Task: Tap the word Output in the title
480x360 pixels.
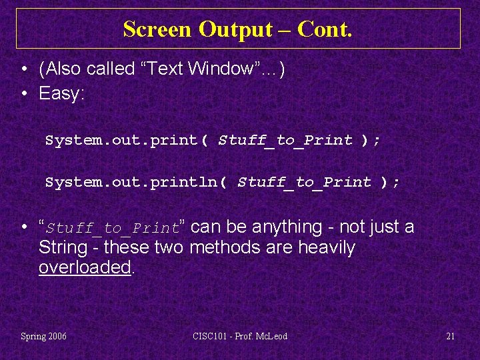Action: click(235, 29)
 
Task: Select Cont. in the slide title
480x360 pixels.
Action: click(325, 29)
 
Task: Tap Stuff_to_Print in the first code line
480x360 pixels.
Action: click(285, 141)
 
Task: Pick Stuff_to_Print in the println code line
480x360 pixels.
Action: click(304, 183)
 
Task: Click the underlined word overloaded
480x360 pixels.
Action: click(85, 268)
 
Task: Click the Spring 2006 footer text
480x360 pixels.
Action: click(43, 336)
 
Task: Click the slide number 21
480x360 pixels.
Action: click(450, 336)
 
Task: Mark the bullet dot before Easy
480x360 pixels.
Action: click(23, 94)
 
